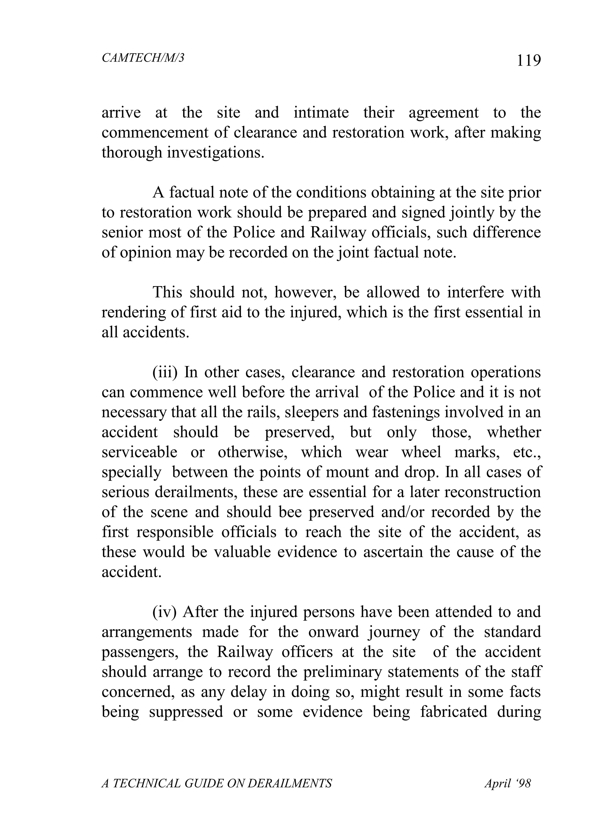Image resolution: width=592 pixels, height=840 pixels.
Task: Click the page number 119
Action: tap(528, 60)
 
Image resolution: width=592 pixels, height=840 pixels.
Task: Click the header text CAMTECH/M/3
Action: tap(143, 58)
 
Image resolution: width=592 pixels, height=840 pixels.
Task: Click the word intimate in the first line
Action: tap(321, 113)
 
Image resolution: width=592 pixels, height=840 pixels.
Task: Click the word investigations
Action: tap(216, 153)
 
